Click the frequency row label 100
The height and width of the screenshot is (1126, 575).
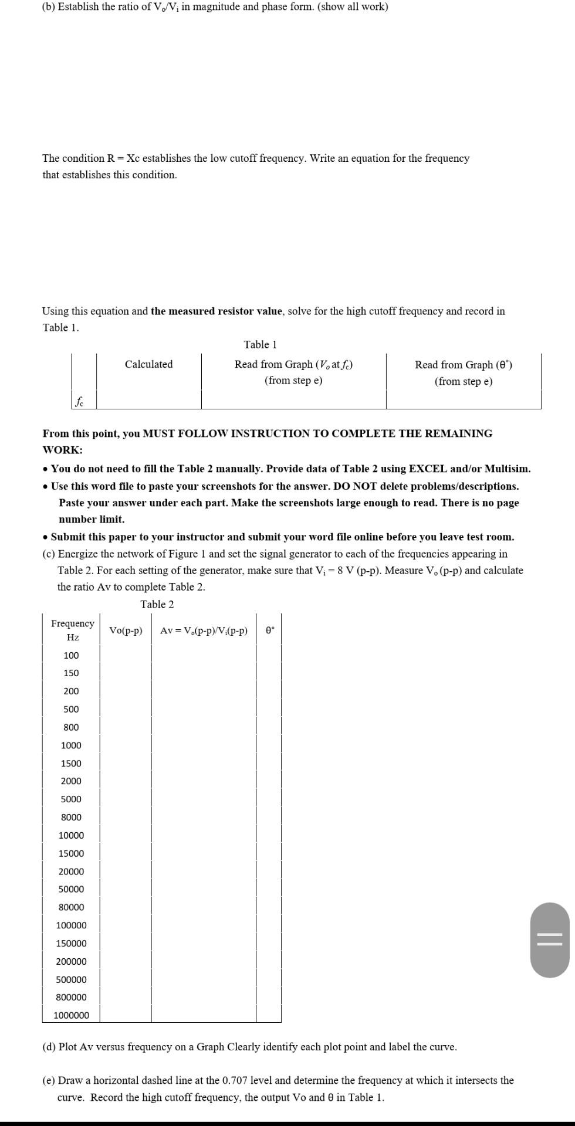(x=71, y=655)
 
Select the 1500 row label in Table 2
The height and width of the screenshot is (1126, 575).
(x=71, y=763)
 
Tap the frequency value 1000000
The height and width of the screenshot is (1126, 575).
(x=71, y=1015)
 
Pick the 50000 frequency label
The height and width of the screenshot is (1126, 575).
(x=71, y=889)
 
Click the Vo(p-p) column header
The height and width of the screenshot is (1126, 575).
(x=126, y=630)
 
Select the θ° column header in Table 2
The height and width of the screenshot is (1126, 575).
(x=269, y=630)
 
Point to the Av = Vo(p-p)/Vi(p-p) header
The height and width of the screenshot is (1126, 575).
(x=204, y=630)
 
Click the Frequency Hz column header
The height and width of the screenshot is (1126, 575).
(x=72, y=630)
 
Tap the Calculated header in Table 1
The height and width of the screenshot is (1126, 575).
(x=148, y=364)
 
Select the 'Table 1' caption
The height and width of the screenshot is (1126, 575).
(x=260, y=344)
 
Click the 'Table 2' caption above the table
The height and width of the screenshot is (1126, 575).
(x=157, y=604)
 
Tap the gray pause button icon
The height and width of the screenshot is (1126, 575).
(x=550, y=940)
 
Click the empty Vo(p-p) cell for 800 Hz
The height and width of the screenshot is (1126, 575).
(x=126, y=727)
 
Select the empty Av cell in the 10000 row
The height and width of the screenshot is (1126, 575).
(x=204, y=835)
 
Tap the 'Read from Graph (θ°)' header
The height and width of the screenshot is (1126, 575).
(x=463, y=365)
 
